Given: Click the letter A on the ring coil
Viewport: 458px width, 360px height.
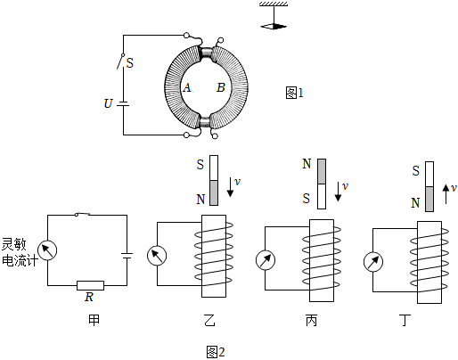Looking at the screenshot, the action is coord(187,87).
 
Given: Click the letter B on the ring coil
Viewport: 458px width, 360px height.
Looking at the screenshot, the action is coord(221,87).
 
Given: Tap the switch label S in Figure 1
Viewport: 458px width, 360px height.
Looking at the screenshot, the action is coord(130,63).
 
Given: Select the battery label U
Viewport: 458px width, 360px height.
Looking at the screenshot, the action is coord(109,103).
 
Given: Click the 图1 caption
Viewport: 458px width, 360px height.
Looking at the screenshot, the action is coord(294,93).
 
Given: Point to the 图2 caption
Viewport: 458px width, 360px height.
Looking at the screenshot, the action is coord(216,352).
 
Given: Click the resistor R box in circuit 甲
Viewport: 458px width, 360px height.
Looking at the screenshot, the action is coord(90,285).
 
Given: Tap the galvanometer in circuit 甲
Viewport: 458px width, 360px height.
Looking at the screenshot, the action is coord(47,250).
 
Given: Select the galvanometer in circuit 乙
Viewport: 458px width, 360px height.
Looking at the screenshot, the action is coord(157,256).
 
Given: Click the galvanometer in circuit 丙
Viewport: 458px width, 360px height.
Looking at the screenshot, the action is coord(266,260).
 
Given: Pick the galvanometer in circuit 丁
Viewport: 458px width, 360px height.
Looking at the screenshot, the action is coord(373,262).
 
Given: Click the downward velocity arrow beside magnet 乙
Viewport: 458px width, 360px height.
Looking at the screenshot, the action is coord(230,187).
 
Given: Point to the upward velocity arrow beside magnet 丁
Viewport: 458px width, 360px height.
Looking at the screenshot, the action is coord(446,194).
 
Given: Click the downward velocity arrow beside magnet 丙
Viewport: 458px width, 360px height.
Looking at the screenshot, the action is coord(338,192).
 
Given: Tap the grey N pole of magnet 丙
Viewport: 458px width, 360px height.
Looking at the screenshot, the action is coord(322,171).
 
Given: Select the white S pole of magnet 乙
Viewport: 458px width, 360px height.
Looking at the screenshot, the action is coord(214,168).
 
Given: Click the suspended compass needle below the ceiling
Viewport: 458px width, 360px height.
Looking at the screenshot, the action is coord(274,26).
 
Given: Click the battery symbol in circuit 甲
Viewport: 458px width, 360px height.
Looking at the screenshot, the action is coord(127,256).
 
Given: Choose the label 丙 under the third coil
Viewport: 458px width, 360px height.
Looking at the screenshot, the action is coord(312,321).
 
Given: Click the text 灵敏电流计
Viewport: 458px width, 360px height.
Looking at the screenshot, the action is coord(20,252).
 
